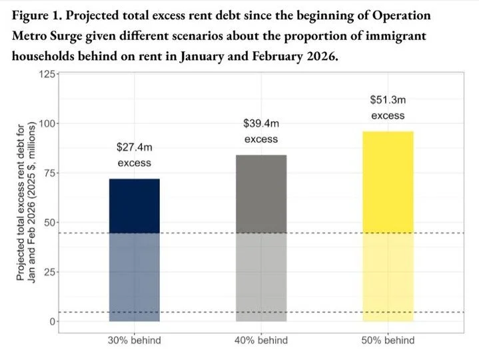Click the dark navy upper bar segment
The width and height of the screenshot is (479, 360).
134,205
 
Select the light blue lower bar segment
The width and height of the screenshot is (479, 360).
134,277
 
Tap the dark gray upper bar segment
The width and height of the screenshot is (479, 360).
261,193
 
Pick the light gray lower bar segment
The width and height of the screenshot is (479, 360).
261,277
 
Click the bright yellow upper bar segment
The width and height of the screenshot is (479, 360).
388,181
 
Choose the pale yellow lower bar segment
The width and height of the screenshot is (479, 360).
388,277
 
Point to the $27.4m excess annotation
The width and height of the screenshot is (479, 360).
134,154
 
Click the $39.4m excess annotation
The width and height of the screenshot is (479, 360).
261,131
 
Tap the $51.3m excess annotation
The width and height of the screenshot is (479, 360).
388,107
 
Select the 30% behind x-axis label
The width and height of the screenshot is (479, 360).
134,341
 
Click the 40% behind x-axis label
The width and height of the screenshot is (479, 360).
261,341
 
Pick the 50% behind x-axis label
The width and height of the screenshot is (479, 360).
388,341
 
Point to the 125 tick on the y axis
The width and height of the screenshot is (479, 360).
47,75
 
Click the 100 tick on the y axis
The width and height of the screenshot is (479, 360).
47,124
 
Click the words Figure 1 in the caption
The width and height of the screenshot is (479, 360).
37,15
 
